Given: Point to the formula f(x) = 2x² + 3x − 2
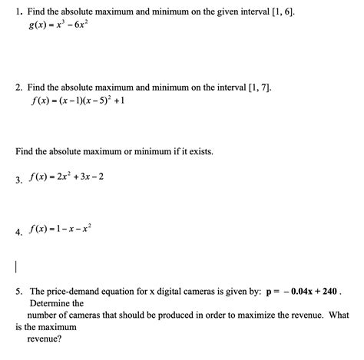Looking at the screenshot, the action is (x=65, y=177).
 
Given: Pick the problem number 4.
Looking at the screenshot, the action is (x=18, y=232).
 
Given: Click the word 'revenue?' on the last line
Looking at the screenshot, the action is (x=44, y=337).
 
